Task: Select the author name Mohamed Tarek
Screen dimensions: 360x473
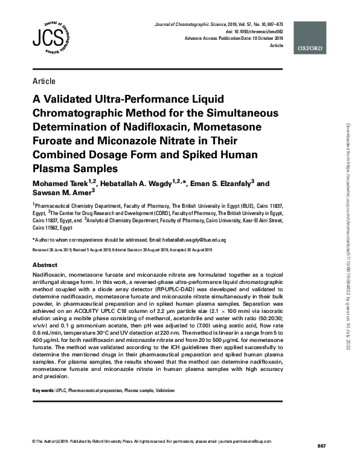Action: (61, 183)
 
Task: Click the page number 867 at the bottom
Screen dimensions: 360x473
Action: (321, 446)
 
